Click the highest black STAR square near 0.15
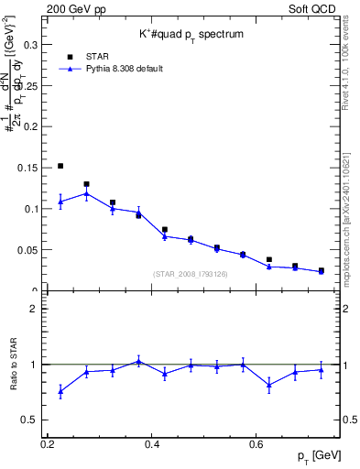pyautogui.click(x=60, y=166)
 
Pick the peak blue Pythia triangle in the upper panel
pyautogui.click(x=86, y=193)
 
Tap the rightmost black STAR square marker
pyautogui.click(x=321, y=270)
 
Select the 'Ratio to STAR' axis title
pyautogui.click(x=14, y=365)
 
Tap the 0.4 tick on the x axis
pyautogui.click(x=152, y=444)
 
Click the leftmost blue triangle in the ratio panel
pyautogui.click(x=60, y=391)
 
